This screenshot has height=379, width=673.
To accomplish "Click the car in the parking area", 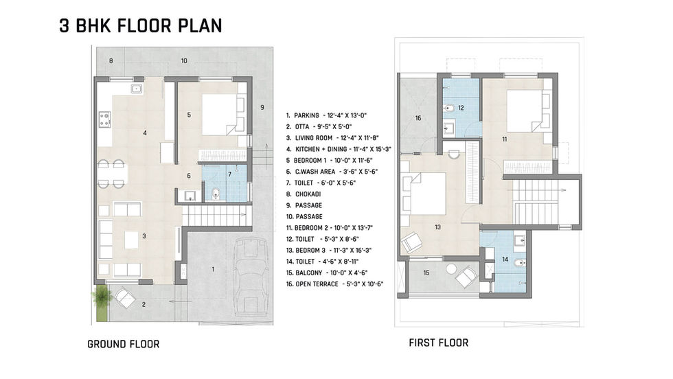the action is coord(251,277).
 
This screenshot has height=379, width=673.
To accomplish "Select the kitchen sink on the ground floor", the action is coord(137,89).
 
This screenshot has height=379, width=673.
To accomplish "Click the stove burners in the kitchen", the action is coord(104,119).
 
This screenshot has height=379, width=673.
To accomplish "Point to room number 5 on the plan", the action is coord(189,115).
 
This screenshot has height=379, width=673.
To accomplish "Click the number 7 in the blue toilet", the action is coord(229,174).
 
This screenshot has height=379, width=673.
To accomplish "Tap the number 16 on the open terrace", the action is coord(418,118).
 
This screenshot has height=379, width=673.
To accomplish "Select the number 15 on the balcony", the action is coord(426,273).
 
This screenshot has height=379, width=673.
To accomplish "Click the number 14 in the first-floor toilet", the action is coord(505,260).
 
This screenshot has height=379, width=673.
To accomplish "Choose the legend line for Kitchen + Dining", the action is coord(339,150).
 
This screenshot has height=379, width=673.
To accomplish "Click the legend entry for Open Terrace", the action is coord(335,284).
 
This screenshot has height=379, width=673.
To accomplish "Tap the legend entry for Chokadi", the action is coord(304,194).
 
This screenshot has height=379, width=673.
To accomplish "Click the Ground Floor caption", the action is coord(123,344).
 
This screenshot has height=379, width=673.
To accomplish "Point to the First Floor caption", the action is coord(439,343).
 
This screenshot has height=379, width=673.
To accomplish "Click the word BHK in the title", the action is coord(94,26).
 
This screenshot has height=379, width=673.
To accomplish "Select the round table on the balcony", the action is coord(451,270).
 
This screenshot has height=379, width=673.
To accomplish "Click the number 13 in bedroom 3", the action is coord(437,227).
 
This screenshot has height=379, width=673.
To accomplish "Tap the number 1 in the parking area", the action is coord(213,270).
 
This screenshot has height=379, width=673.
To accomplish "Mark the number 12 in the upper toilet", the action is coord(461,108).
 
